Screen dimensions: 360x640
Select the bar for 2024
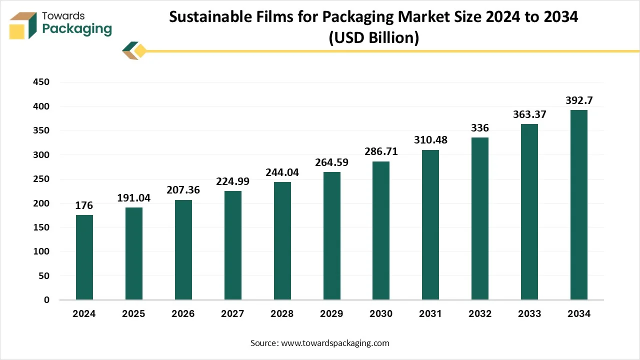click(x=84, y=257)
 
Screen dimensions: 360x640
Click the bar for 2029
click(x=331, y=236)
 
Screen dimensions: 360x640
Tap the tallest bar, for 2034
click(x=579, y=205)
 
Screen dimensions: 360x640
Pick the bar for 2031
click(x=430, y=225)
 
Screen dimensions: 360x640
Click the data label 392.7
click(x=579, y=100)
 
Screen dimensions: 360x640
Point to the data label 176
click(x=84, y=205)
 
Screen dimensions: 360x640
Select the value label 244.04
click(x=282, y=172)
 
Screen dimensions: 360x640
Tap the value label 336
click(x=480, y=128)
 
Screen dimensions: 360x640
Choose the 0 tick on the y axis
click(x=46, y=300)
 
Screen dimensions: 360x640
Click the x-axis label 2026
click(x=183, y=314)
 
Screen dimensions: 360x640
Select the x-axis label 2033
click(x=529, y=314)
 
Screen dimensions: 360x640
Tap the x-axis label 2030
click(x=381, y=314)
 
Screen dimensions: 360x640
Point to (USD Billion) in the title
click(x=373, y=37)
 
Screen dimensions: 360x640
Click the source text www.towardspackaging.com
click(x=335, y=343)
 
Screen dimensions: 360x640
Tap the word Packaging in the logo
click(x=77, y=29)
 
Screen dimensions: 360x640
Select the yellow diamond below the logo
click(x=140, y=50)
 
